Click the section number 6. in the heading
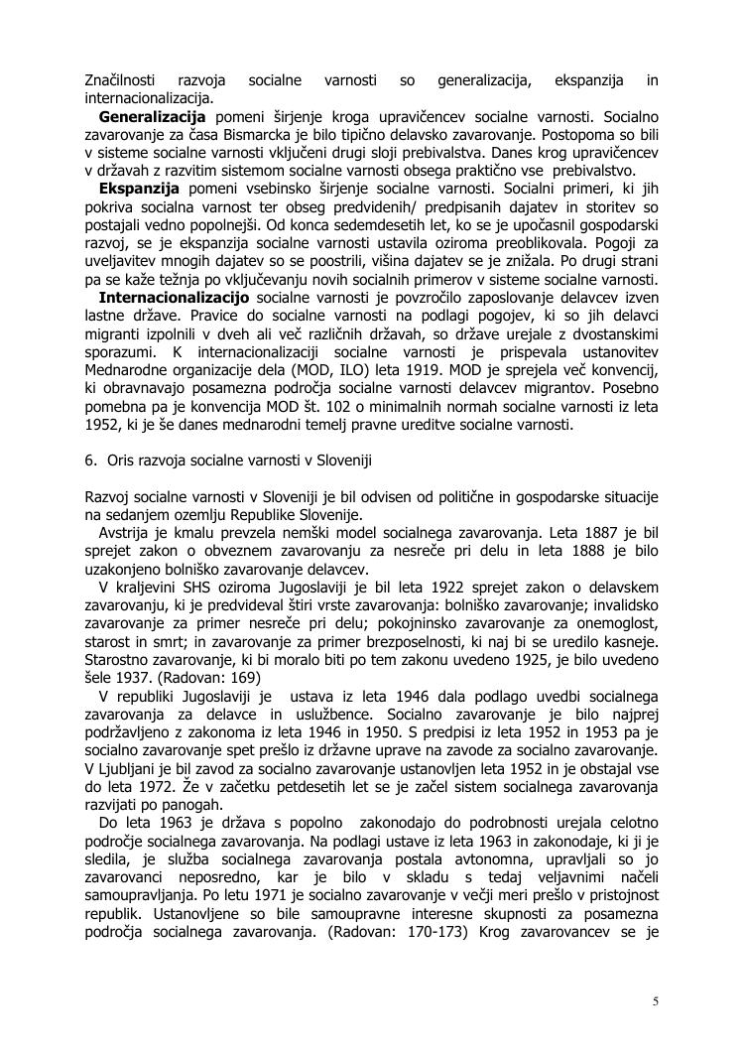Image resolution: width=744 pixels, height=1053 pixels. [90, 461]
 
